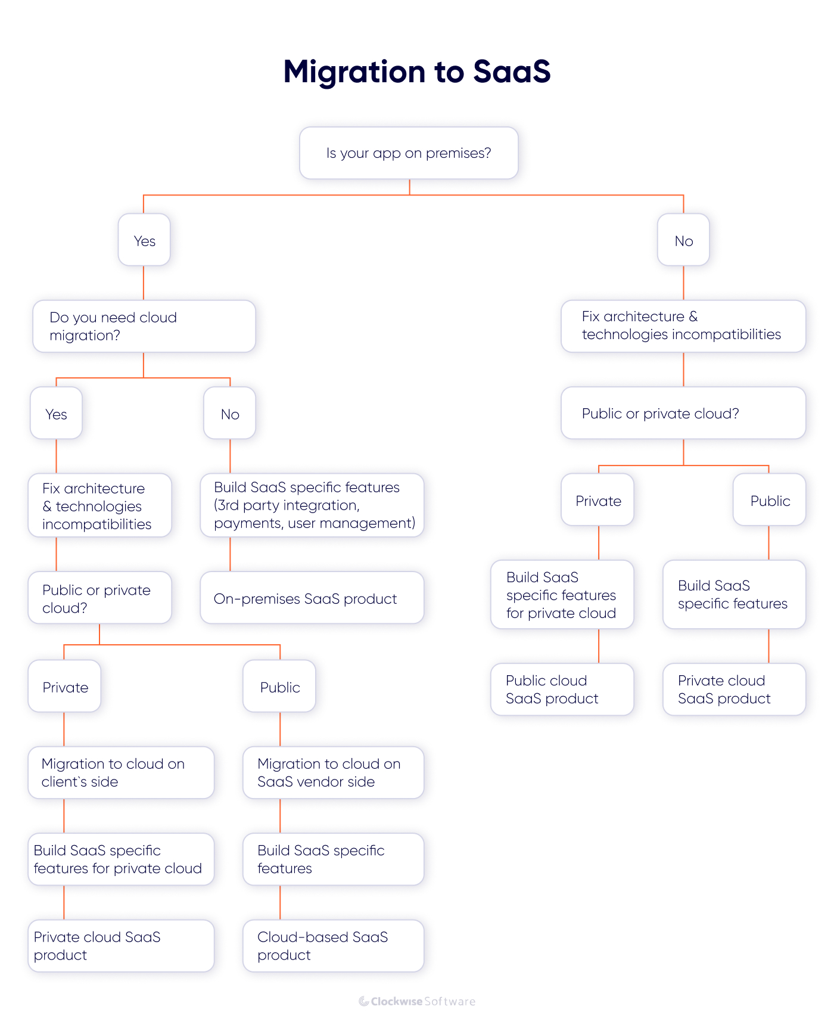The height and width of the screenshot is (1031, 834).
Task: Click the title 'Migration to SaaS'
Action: (x=416, y=72)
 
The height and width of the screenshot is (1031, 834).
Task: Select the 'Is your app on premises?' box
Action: (x=409, y=153)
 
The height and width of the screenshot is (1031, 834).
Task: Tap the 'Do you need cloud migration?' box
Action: (x=144, y=326)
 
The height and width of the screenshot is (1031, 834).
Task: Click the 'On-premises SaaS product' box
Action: (x=312, y=598)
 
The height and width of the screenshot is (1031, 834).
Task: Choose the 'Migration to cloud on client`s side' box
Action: (x=121, y=772)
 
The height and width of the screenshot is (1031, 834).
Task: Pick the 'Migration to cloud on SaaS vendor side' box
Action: (x=333, y=772)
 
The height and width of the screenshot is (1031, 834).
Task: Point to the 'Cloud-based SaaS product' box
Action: (x=333, y=946)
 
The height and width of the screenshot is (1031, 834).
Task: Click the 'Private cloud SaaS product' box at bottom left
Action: (x=121, y=946)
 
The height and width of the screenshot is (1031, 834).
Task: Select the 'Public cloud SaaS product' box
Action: (x=562, y=690)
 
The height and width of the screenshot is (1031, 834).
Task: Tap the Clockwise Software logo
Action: (x=417, y=1001)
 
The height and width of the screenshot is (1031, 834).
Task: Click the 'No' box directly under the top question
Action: (x=683, y=240)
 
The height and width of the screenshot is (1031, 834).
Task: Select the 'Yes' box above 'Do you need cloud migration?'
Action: (x=144, y=240)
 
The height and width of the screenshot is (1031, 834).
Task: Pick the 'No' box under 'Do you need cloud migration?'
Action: (x=230, y=414)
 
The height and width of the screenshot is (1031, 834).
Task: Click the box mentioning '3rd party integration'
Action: (x=312, y=505)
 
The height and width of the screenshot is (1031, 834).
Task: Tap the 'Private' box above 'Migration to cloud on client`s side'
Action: (x=64, y=687)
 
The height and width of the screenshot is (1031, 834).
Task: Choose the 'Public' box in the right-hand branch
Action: (x=769, y=500)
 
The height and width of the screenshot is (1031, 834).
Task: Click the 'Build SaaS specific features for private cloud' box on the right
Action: (x=562, y=595)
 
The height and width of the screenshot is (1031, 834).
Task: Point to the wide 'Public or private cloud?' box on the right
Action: (x=683, y=414)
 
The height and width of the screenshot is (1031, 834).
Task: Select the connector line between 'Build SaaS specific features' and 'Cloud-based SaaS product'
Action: (x=280, y=902)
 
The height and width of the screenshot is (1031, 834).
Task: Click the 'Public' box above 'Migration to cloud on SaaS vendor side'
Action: (x=279, y=687)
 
